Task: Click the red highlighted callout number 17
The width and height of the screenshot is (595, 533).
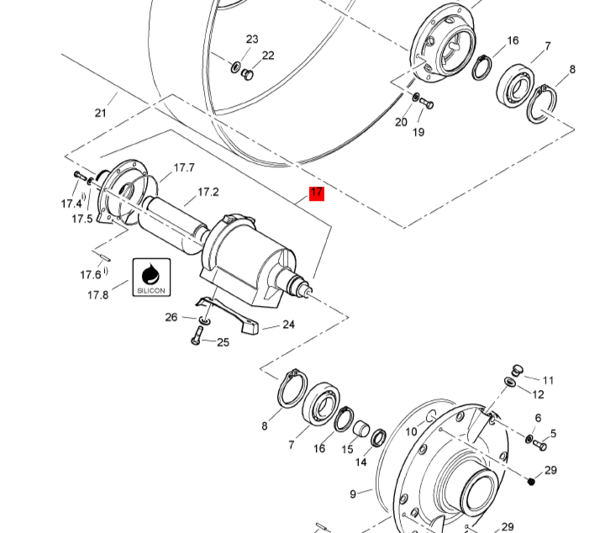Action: pyautogui.click(x=317, y=193)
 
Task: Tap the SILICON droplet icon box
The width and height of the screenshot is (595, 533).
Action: pyautogui.click(x=151, y=277)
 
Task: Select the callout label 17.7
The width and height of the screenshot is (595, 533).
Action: pyautogui.click(x=184, y=168)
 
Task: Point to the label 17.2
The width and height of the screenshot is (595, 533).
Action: pyautogui.click(x=208, y=192)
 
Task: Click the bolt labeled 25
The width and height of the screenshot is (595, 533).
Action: pyautogui.click(x=197, y=335)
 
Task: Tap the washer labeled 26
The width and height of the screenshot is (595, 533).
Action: pyautogui.click(x=205, y=320)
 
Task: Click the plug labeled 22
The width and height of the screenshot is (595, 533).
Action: pyautogui.click(x=247, y=75)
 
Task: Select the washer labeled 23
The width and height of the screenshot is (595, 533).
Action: pyautogui.click(x=235, y=67)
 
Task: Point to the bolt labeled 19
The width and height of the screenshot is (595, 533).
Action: pyautogui.click(x=427, y=103)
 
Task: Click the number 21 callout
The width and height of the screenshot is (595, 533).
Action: pyautogui.click(x=101, y=113)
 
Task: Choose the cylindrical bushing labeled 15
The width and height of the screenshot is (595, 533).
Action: pyautogui.click(x=361, y=428)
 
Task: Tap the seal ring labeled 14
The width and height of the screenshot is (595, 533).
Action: pyautogui.click(x=378, y=438)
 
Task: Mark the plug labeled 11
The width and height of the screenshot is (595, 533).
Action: pyautogui.click(x=517, y=371)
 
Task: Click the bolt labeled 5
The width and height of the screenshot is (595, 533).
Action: pyautogui.click(x=540, y=445)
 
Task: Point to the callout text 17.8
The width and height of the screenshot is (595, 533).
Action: pyautogui.click(x=97, y=295)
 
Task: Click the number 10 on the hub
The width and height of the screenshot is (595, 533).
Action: pyautogui.click(x=411, y=431)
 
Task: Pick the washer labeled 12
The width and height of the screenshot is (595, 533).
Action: pyautogui.click(x=510, y=382)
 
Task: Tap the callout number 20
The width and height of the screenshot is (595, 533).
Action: pyautogui.click(x=401, y=122)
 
